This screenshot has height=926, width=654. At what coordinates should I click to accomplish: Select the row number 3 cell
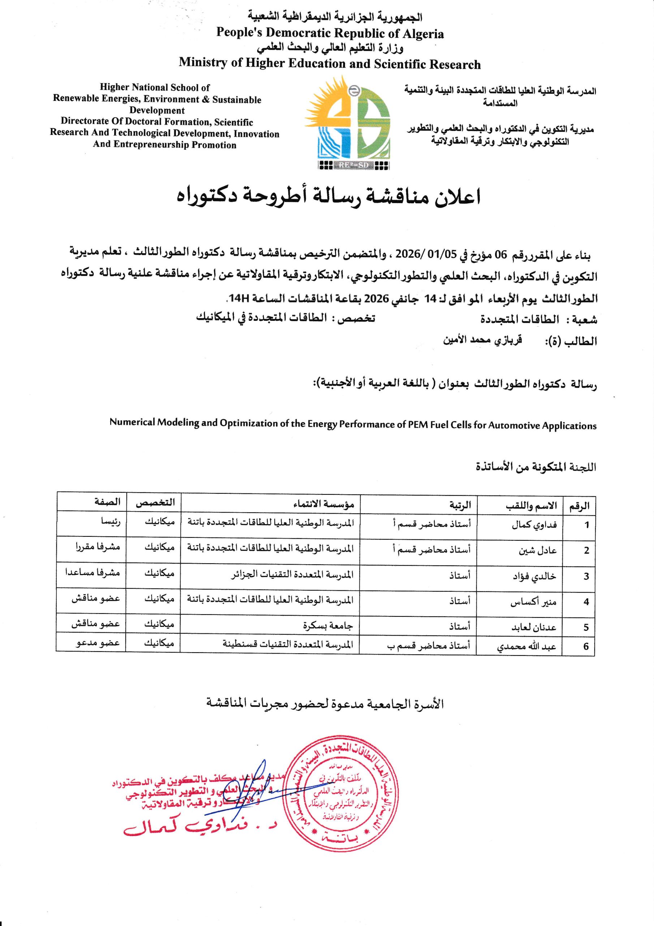[x=586, y=576]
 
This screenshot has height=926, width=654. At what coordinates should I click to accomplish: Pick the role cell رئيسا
[x=111, y=522]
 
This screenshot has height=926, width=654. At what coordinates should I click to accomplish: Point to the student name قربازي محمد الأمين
[x=482, y=340]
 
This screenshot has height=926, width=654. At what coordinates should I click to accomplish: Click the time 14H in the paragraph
[x=238, y=298]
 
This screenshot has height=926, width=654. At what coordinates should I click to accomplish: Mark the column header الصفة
[x=108, y=502]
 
